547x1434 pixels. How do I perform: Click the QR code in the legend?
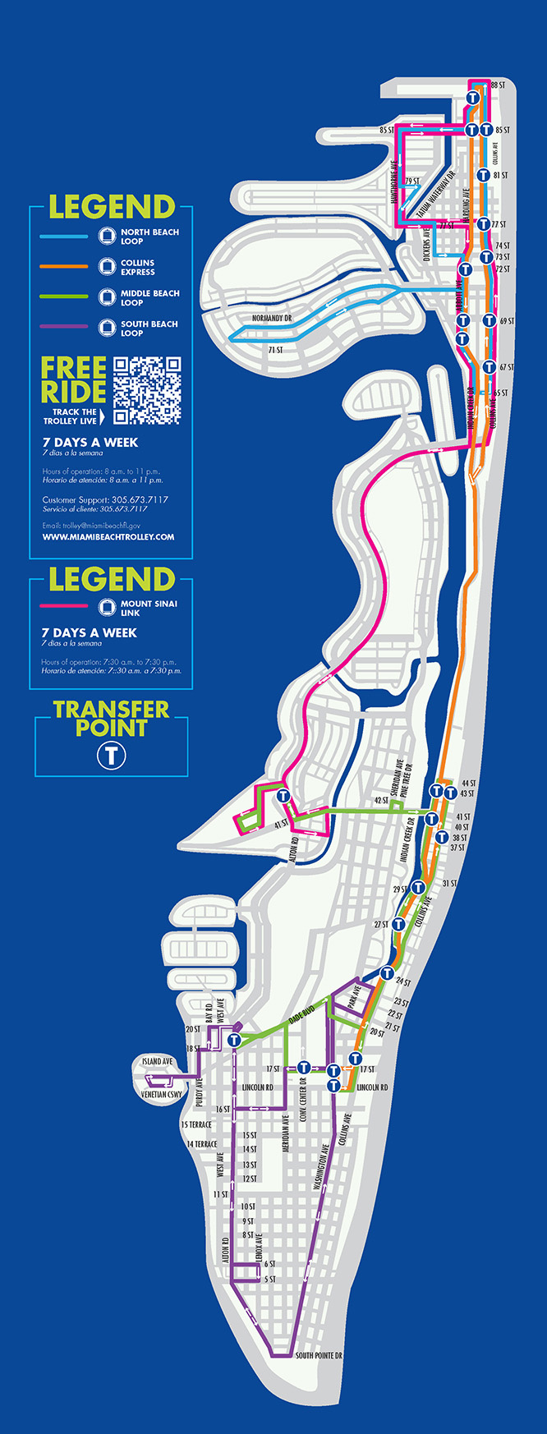tap(147, 390)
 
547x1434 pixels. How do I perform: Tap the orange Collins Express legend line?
tap(64, 267)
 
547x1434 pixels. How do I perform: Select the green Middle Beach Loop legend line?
tap(64, 296)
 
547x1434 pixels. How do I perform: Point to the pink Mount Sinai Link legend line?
tap(64, 606)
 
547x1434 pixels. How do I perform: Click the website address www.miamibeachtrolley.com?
tap(108, 537)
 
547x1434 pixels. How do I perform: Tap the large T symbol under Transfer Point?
tap(111, 755)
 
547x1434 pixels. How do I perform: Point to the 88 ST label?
tap(497, 85)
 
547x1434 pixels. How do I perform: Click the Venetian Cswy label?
tap(161, 1095)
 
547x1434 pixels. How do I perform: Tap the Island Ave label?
tap(158, 1062)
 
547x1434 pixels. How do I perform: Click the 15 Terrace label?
tap(196, 1125)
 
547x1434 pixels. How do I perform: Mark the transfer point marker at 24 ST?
tap(387, 974)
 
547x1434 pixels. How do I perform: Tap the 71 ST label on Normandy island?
tap(274, 350)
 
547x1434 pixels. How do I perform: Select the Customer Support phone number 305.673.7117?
tap(140, 499)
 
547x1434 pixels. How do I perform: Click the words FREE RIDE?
tap(74, 379)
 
